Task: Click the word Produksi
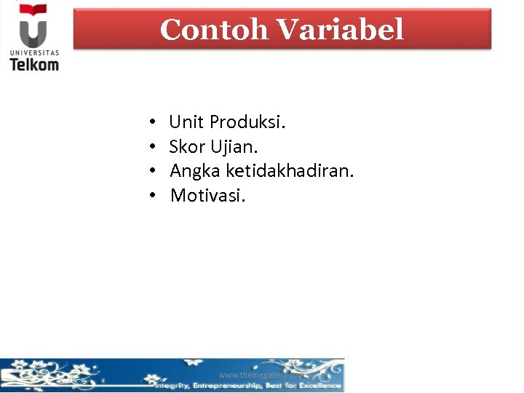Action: coord(248,122)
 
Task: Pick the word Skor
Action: coord(188,147)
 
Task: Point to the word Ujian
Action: coord(234,147)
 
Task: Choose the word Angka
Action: coord(195,171)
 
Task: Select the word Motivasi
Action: coord(208,195)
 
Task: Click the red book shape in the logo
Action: coord(33,10)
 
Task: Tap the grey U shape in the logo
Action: coord(33,33)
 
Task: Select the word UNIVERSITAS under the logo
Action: coord(34,52)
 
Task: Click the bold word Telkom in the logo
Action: coord(34,64)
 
